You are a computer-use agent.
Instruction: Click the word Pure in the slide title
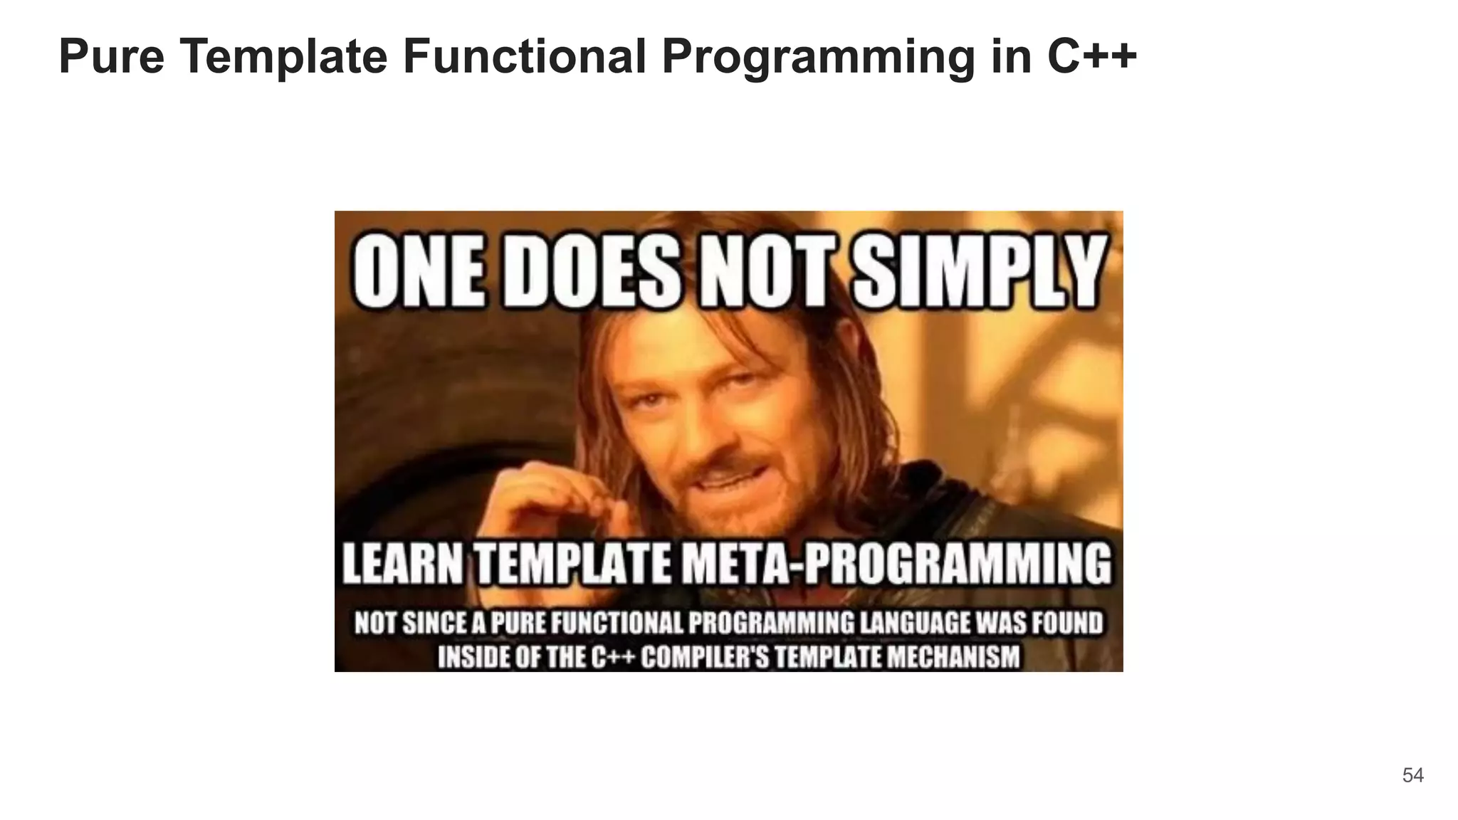click(x=112, y=56)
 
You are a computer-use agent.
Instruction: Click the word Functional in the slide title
click(x=525, y=56)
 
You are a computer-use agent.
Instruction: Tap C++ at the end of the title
click(x=1092, y=56)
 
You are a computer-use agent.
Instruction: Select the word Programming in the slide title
click(x=818, y=56)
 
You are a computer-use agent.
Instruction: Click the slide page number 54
click(x=1412, y=775)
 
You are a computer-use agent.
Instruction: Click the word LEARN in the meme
click(x=404, y=563)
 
